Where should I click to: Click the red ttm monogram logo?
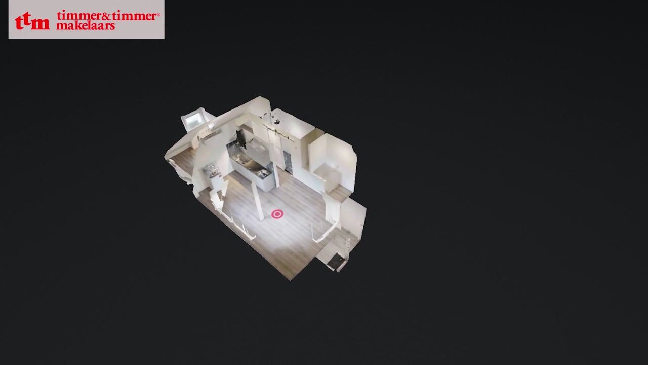[32, 21]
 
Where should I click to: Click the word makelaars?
[86, 26]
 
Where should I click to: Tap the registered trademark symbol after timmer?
[158, 14]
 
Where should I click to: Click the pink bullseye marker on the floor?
[277, 214]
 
